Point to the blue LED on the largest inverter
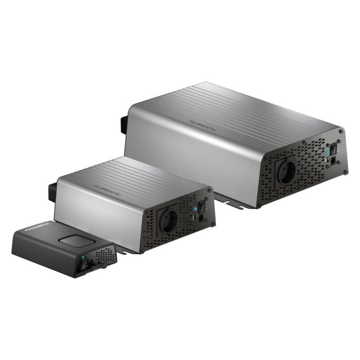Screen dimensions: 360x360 pos(328,152)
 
